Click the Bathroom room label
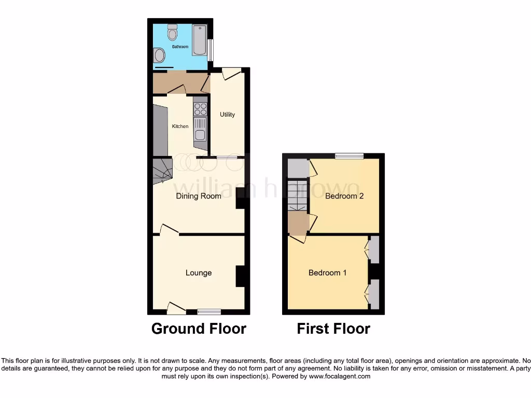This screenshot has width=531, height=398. point(180,47)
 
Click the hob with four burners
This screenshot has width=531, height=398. point(200,109)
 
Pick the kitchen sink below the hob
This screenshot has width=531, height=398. point(200,130)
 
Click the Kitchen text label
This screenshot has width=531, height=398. point(180,126)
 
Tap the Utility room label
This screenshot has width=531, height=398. point(227,115)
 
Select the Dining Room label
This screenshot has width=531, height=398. point(199,196)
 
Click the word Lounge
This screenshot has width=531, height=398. point(199,273)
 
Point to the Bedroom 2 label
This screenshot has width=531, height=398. point(344,196)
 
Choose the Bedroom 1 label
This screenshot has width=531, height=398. point(327,273)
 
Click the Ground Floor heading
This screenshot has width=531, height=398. point(199,329)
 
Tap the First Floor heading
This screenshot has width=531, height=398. point(333,329)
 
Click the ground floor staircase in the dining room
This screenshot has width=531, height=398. point(162,171)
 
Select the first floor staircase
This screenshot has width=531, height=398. point(298,195)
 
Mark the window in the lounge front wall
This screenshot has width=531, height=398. point(209,311)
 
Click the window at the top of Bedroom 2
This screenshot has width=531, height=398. point(348,155)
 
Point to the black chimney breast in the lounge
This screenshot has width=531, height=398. point(241,276)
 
